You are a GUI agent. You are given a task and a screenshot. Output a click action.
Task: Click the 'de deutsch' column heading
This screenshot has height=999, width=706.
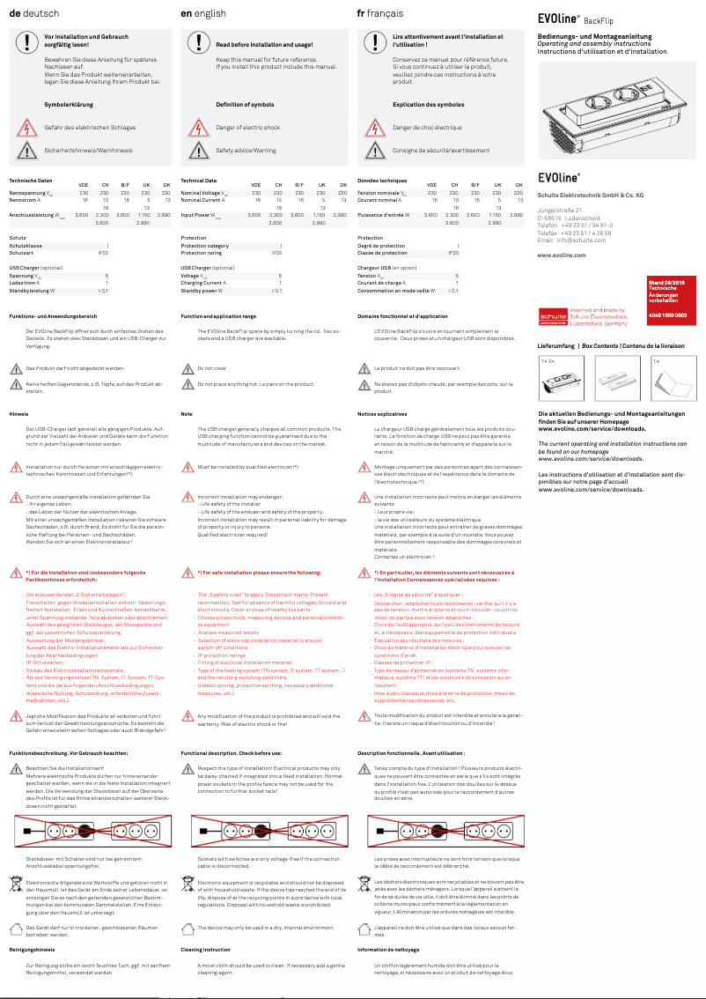pos(32,14)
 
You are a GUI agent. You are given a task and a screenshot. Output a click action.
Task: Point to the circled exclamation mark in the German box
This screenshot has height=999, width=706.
pos(23,41)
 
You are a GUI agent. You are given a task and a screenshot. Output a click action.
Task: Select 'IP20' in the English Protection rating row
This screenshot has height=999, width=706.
pos(276,253)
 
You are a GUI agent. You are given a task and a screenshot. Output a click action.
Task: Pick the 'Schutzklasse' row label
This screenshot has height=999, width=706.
pos(26,246)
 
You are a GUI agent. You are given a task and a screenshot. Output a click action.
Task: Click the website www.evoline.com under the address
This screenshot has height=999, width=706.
pos(561,255)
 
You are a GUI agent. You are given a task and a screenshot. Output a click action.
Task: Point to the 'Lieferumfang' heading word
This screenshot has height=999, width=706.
pos(555,346)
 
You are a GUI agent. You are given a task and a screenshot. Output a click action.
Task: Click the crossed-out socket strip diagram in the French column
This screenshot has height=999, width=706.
pos(441,830)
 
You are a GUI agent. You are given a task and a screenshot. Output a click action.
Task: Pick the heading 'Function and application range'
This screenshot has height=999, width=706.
pos(218,315)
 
